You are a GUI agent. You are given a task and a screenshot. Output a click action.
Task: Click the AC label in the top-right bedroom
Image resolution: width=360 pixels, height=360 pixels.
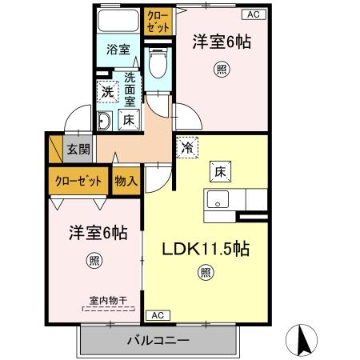[252, 14]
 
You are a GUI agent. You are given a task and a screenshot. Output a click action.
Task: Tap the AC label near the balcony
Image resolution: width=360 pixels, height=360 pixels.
[157, 314]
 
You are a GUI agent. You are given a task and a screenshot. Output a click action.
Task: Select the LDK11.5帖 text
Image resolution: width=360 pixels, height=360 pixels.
[206, 249]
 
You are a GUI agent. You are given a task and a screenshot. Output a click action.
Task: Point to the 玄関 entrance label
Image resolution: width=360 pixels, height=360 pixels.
[77, 148]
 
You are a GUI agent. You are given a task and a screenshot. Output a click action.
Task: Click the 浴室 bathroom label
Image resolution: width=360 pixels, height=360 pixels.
[118, 49]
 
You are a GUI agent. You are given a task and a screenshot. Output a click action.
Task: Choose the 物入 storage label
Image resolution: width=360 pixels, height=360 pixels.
[126, 180]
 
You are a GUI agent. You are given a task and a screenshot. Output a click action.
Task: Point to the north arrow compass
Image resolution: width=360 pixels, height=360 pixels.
[305, 339]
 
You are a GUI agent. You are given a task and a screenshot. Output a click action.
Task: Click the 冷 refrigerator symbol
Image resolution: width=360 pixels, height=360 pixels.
[186, 147]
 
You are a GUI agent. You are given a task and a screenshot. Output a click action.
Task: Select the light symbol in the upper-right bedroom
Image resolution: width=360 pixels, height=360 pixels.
[221, 70]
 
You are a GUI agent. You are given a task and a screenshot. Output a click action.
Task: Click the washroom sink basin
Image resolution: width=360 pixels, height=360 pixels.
[105, 122]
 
